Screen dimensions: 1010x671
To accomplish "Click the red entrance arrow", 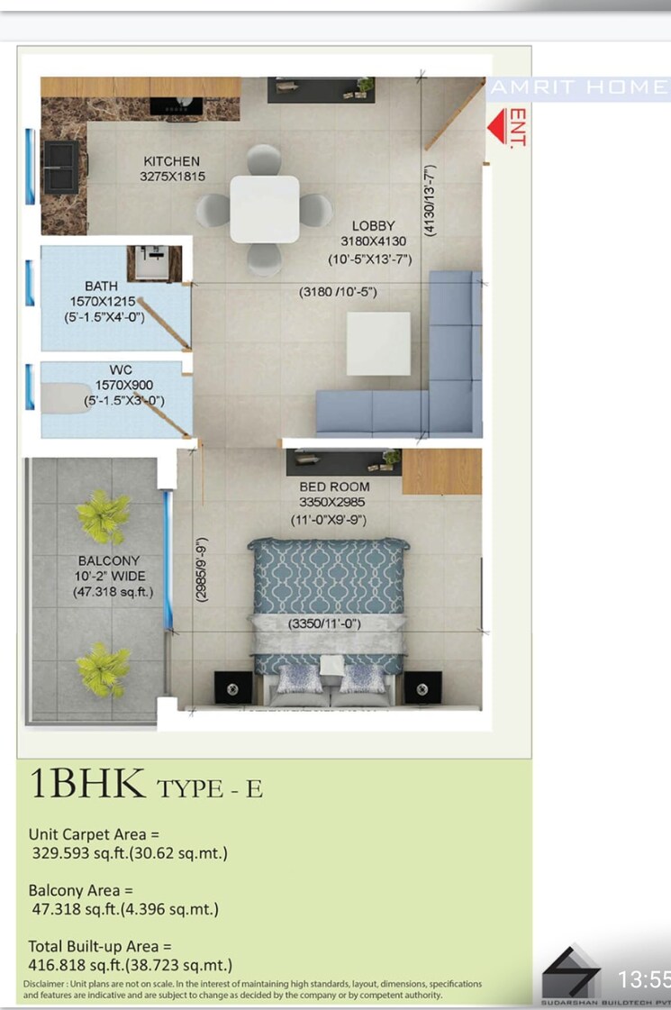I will click(x=497, y=127).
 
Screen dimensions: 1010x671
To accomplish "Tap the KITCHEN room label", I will click(x=171, y=161).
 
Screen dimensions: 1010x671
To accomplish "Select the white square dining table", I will click(x=264, y=209).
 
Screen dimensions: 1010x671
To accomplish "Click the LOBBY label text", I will click(x=373, y=225).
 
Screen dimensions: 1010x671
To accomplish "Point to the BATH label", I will click(x=101, y=287).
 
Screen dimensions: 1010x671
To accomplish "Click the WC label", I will click(x=121, y=369).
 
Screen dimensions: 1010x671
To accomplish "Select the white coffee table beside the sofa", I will click(x=377, y=343).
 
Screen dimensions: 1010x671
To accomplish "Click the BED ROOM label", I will click(x=334, y=487).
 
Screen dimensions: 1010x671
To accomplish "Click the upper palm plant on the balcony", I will click(x=104, y=516).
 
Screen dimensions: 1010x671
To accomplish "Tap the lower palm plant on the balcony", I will click(x=103, y=669).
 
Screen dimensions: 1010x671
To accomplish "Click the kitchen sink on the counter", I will click(x=61, y=166).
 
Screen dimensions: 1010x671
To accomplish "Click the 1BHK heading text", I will click(x=88, y=785).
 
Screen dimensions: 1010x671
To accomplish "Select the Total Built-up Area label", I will click(x=99, y=947).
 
